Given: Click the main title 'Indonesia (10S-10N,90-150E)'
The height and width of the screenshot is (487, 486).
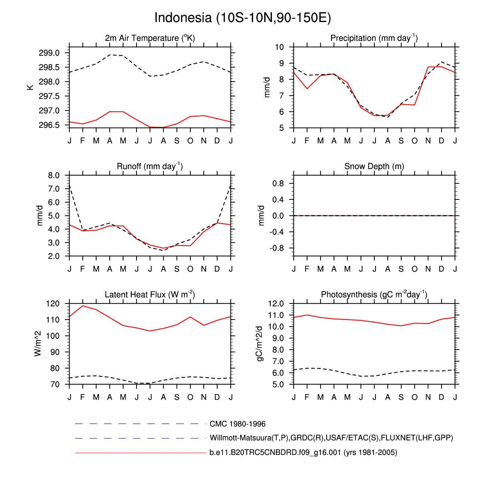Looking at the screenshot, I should click(x=243, y=18).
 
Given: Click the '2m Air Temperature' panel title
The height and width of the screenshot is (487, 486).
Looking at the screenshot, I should click(x=150, y=38).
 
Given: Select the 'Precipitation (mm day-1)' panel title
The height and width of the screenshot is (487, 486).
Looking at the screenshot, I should click(x=374, y=38).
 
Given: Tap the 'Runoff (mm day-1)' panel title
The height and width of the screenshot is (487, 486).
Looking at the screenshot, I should click(x=150, y=166).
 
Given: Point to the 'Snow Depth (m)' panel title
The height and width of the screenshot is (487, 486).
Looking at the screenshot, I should click(x=374, y=166).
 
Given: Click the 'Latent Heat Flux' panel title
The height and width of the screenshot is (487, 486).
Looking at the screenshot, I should click(x=150, y=295).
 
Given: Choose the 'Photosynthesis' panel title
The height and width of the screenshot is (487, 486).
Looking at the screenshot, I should click(x=374, y=295).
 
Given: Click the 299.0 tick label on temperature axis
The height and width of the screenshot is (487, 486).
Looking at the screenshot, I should click(x=49, y=53).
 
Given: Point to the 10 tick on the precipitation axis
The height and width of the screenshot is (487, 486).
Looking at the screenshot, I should click(x=279, y=47).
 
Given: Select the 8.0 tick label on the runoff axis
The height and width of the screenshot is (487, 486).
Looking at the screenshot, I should click(x=54, y=175).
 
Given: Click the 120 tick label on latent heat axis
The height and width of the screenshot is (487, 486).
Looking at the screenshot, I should click(x=53, y=304).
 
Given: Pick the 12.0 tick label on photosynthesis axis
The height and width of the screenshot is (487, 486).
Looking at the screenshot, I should click(x=276, y=304).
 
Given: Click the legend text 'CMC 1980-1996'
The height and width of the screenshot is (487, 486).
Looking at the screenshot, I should click(x=237, y=424).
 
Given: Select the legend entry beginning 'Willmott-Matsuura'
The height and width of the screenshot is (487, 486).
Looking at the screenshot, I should click(x=331, y=438).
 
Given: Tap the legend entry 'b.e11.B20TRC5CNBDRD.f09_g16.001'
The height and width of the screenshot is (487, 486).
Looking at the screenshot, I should click(x=303, y=453).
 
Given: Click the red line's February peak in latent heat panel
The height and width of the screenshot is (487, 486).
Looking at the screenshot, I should click(x=83, y=306).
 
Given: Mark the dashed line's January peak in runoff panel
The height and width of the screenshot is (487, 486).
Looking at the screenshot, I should click(x=70, y=185).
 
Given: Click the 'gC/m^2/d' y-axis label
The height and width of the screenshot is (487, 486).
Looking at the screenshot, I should click(x=260, y=344).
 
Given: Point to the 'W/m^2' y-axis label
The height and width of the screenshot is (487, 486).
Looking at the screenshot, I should click(x=38, y=344).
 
